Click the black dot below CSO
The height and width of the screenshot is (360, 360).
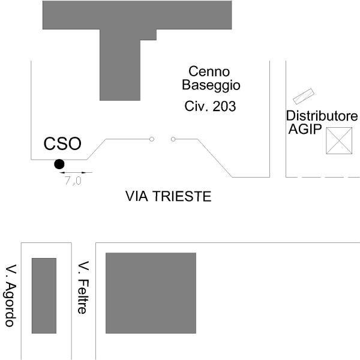pos(59,164)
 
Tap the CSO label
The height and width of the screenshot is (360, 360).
pos(63,145)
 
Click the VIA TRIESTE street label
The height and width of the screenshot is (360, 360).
pos(168,196)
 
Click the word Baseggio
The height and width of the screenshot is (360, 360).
pos(211,85)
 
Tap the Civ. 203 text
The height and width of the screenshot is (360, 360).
pos(210,107)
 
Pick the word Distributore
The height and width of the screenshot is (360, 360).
pos(322,116)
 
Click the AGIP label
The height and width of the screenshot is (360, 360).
pos(305,130)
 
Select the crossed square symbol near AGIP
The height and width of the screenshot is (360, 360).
pos(338,141)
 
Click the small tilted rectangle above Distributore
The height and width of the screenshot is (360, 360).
pos(304,96)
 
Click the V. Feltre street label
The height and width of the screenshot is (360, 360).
pos(84,287)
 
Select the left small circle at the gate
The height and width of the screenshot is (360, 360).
pos(152,139)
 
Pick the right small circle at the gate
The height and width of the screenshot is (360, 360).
pos(173,139)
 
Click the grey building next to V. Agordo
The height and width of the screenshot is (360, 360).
pos(44,295)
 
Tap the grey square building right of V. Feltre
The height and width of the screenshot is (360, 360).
pos(151,293)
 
